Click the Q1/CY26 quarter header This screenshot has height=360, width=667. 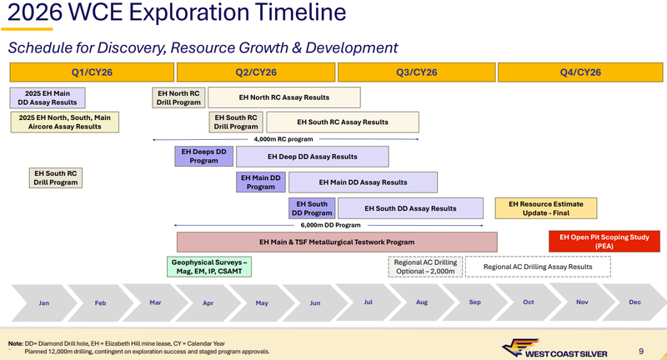pyautogui.click(x=93, y=72)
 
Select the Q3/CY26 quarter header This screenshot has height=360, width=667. pyautogui.click(x=417, y=72)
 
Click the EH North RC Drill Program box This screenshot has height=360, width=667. pyautogui.click(x=178, y=97)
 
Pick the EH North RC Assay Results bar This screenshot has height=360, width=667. pyautogui.click(x=283, y=97)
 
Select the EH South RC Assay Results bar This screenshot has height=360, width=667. pyautogui.click(x=342, y=122)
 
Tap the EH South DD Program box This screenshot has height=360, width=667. pyautogui.click(x=312, y=208)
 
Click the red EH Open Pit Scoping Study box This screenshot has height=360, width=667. pyautogui.click(x=604, y=242)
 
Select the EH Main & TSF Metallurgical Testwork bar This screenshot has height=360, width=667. pyautogui.click(x=337, y=242)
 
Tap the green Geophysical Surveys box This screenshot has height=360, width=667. pyautogui.click(x=210, y=267)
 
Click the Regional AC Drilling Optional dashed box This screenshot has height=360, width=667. pyautogui.click(x=424, y=267)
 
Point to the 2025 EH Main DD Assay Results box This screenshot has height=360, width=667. pyautogui.click(x=47, y=97)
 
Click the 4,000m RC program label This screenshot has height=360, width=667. pyautogui.click(x=283, y=139)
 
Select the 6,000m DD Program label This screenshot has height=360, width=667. pyautogui.click(x=330, y=225)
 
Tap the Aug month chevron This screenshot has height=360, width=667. pyautogui.click(x=422, y=302)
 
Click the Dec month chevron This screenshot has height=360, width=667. pyautogui.click(x=634, y=302)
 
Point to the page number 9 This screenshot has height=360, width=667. pyautogui.click(x=639, y=351)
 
